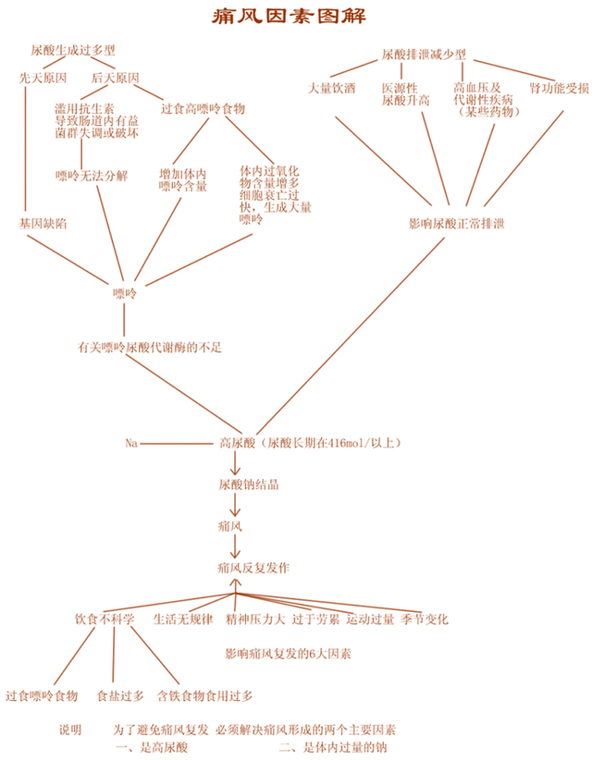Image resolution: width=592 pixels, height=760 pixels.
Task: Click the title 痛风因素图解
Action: pyautogui.click(x=290, y=16)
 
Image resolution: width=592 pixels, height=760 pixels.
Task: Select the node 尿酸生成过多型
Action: pyautogui.click(x=73, y=50)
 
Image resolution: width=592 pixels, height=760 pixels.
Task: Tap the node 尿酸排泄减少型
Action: pyautogui.click(x=424, y=55)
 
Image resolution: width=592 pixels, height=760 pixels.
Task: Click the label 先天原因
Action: pyautogui.click(x=43, y=78)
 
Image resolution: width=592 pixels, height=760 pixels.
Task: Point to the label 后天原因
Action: pyautogui.click(x=116, y=78)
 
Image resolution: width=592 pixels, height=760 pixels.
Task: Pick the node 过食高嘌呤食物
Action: pyautogui.click(x=203, y=108)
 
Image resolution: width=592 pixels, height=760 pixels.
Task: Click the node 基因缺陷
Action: pyautogui.click(x=43, y=224)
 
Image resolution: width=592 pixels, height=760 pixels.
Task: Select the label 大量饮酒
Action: pyautogui.click(x=332, y=88)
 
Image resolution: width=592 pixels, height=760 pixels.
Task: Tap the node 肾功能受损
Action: pyautogui.click(x=559, y=88)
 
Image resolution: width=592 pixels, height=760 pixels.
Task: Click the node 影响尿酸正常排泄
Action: pyautogui.click(x=457, y=224)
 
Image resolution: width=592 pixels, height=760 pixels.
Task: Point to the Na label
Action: pyautogui.click(x=131, y=443)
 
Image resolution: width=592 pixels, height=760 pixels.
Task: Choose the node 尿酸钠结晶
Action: pyautogui.click(x=248, y=484)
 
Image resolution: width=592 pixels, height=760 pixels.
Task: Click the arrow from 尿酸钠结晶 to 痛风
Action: pyautogui.click(x=235, y=505)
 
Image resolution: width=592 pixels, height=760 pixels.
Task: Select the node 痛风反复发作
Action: pyautogui.click(x=253, y=568)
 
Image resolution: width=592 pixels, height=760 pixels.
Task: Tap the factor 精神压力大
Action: pyautogui.click(x=255, y=619)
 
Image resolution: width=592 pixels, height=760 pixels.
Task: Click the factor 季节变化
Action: pyautogui.click(x=425, y=619)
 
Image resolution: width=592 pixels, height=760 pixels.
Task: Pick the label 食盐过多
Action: pyautogui.click(x=120, y=696)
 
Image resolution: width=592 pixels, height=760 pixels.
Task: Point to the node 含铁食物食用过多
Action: pyautogui.click(x=204, y=696)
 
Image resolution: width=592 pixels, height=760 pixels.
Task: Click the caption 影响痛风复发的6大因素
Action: pyautogui.click(x=288, y=654)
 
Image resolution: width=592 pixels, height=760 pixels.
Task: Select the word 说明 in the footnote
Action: pyautogui.click(x=70, y=729)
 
